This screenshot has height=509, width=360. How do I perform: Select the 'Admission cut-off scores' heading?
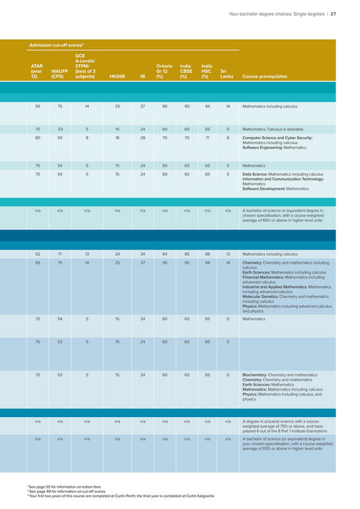pyautogui.click(x=60, y=46)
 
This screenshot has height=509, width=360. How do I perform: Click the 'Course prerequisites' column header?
pyautogui.click(x=264, y=77)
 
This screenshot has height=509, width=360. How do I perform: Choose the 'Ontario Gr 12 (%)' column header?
pyautogui.click(x=165, y=71)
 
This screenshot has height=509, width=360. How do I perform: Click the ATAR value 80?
pyautogui.click(x=37, y=138)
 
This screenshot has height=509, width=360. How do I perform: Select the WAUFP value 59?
pyautogui.click(x=60, y=138)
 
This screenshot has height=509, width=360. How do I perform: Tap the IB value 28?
pyautogui.click(x=143, y=138)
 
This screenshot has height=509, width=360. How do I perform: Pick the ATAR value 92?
pyautogui.click(x=37, y=253)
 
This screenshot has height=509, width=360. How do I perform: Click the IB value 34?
pyautogui.click(x=143, y=253)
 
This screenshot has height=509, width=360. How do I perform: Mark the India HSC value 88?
pyautogui.click(x=207, y=253)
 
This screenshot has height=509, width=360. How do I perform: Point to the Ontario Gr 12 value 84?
pyautogui.click(x=165, y=253)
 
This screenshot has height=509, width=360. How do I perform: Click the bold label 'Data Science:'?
pyautogui.click(x=258, y=174)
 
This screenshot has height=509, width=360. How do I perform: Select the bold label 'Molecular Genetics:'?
pyautogui.click(x=262, y=295)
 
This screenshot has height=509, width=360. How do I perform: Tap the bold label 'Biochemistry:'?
pyautogui.click(x=257, y=374)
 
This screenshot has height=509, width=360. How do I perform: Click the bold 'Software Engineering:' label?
pyautogui.click(x=267, y=147)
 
